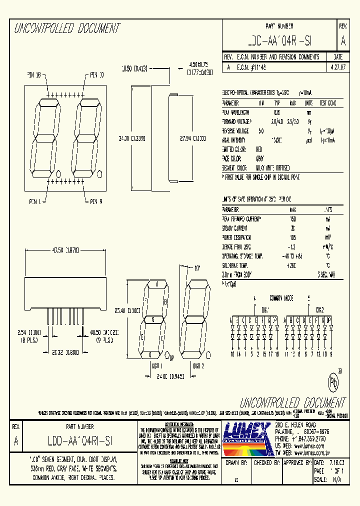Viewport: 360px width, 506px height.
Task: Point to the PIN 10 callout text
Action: pyautogui.click(x=96, y=75)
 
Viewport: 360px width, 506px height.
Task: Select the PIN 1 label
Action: pyautogui.click(x=33, y=202)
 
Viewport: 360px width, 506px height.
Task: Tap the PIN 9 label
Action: pyautogui.click(x=96, y=202)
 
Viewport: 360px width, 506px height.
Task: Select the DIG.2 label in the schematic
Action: pyautogui.click(x=319, y=309)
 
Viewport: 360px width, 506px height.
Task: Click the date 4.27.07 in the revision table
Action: pyautogui.click(x=337, y=66)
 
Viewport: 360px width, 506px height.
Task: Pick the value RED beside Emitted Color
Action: pyautogui.click(x=259, y=149)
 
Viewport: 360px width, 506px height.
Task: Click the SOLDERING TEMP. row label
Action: pyautogui.click(x=236, y=265)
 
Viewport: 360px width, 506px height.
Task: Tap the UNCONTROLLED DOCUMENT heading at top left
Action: pyautogui.click(x=66, y=28)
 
